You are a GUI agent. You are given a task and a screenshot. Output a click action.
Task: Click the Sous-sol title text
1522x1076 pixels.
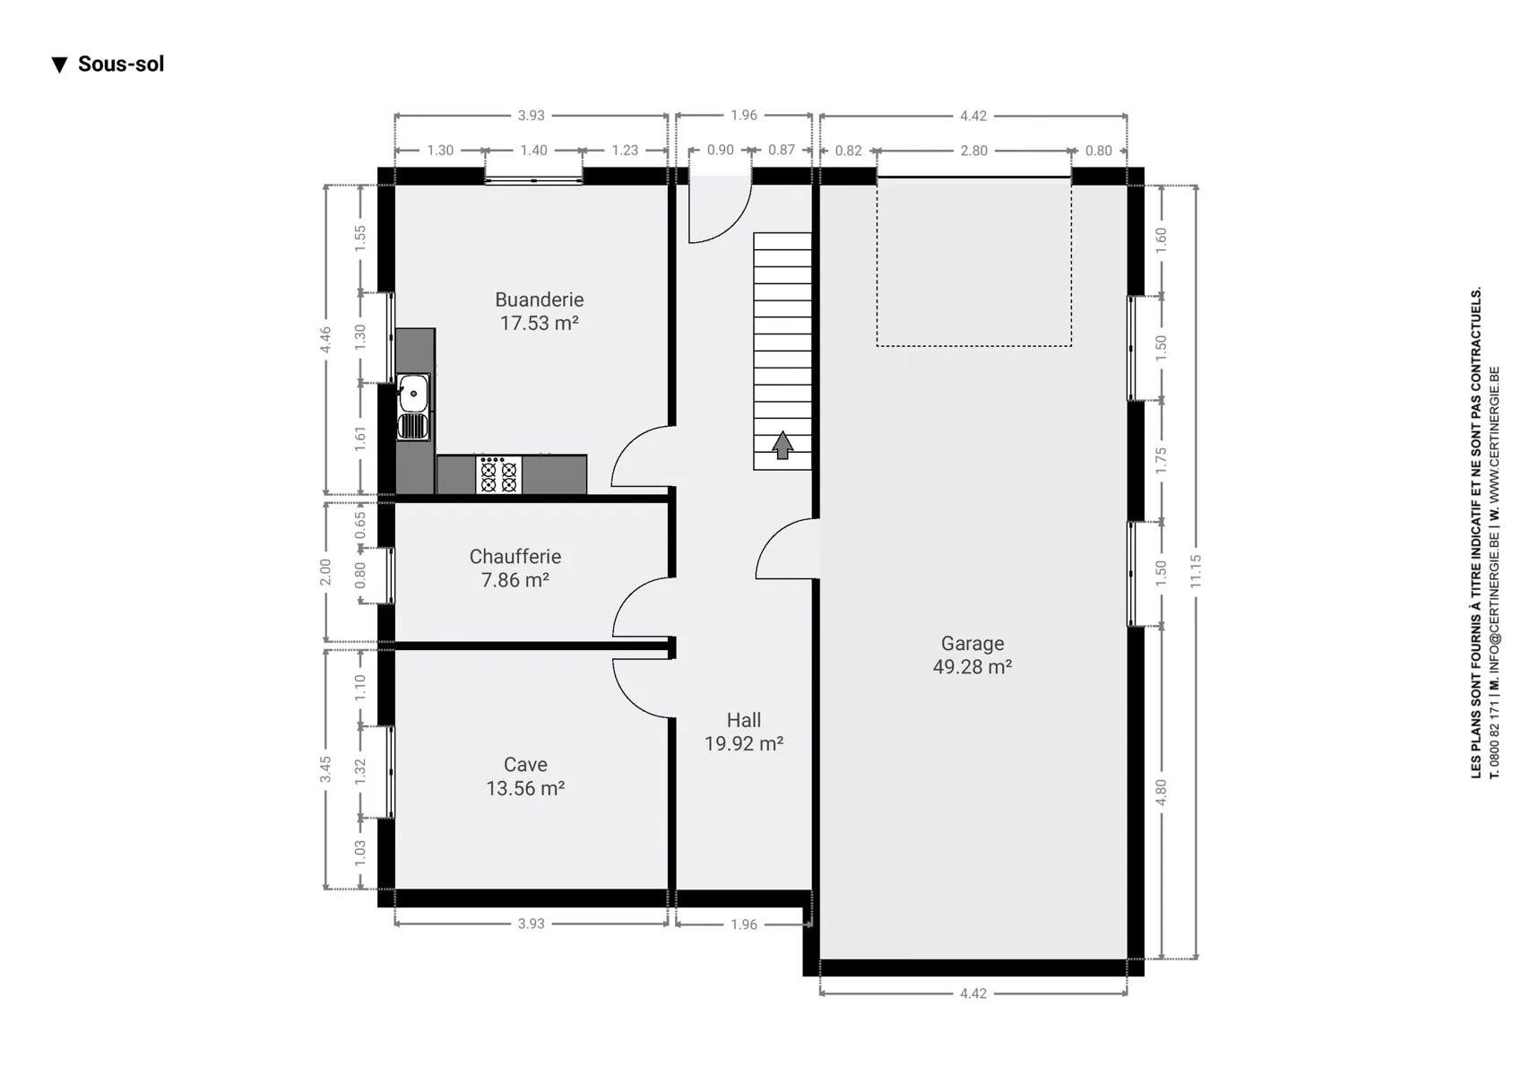click(x=120, y=64)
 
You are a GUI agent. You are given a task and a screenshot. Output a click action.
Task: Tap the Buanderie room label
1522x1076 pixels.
click(x=539, y=299)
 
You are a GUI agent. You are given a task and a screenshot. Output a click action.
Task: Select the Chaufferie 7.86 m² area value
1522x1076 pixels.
click(x=515, y=580)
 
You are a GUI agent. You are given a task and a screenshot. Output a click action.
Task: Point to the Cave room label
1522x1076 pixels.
click(x=525, y=765)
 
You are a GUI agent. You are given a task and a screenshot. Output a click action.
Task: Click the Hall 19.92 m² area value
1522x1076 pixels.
click(x=743, y=743)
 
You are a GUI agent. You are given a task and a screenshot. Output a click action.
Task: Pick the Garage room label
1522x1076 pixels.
click(x=973, y=643)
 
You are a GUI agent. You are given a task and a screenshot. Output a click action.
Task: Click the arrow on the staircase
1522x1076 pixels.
click(x=782, y=446)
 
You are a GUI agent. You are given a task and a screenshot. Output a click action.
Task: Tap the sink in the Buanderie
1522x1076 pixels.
click(x=413, y=407)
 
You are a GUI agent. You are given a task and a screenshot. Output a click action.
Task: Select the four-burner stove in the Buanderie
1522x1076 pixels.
click(x=498, y=474)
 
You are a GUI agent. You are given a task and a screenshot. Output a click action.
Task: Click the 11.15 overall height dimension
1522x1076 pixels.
click(x=1196, y=572)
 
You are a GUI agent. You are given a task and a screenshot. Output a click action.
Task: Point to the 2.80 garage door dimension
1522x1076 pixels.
click(x=973, y=151)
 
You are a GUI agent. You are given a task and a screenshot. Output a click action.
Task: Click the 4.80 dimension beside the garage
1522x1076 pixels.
click(x=1161, y=792)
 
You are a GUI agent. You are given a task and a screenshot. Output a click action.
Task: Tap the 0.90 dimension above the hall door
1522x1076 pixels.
click(x=721, y=150)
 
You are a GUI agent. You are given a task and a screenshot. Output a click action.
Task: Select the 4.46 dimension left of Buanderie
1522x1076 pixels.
click(x=325, y=339)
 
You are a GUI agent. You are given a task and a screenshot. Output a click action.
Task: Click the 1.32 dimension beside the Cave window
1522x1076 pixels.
click(x=360, y=771)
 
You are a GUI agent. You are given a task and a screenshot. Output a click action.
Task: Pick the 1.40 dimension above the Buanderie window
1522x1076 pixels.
click(x=533, y=151)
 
